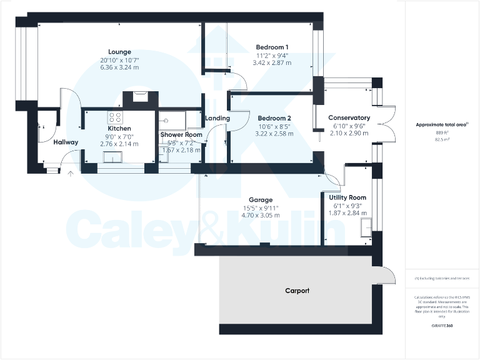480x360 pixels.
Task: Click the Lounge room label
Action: click(119, 51)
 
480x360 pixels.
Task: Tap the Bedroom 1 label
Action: click(272, 47)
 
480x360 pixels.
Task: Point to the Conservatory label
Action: click(349, 117)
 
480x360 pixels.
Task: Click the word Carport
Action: click(297, 291)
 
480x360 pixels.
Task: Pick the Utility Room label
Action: click(347, 197)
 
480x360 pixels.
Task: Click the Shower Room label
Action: click(181, 135)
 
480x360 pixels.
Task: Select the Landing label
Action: click(217, 118)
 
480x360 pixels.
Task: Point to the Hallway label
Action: click(66, 142)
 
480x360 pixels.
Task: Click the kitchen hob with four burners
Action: click(116, 117)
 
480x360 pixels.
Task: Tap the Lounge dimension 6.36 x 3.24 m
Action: click(119, 68)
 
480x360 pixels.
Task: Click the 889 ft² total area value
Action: click(442, 133)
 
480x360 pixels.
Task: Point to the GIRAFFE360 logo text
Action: click(442, 326)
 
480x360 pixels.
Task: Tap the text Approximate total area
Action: click(441, 125)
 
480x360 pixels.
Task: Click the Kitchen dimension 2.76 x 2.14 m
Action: click(119, 144)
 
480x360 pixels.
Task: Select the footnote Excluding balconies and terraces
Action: click(442, 278)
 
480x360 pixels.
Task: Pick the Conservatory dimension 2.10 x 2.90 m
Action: click(349, 133)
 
